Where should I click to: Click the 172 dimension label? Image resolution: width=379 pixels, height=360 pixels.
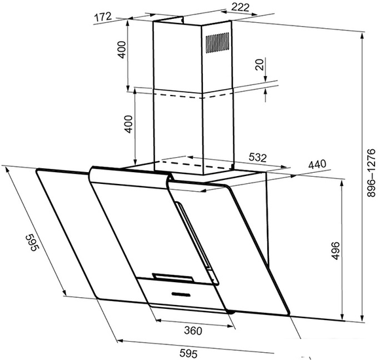[103, 17]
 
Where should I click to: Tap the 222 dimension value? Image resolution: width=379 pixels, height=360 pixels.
[240, 7]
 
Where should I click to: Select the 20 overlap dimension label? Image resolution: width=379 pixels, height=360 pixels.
[259, 65]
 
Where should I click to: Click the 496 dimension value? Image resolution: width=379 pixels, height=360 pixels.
[336, 251]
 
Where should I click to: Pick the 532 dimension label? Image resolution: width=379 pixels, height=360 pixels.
[257, 157]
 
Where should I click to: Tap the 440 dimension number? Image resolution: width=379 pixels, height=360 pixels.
[317, 165]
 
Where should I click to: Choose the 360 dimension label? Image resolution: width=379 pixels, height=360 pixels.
[193, 331]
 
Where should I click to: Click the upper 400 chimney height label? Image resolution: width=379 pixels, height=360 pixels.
[122, 50]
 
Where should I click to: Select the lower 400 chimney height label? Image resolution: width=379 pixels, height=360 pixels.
[128, 124]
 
